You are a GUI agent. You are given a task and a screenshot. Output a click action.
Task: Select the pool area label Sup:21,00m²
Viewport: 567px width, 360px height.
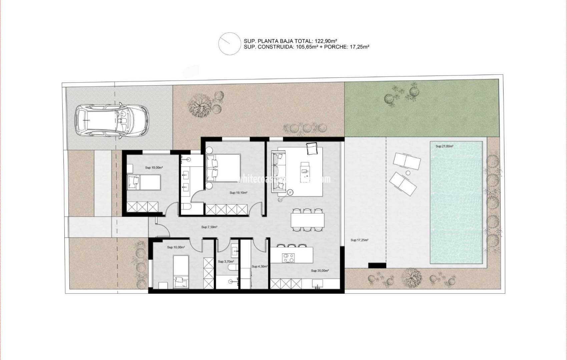point(444,146)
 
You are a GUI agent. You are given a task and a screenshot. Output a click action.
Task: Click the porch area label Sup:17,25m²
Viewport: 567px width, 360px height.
point(359,240)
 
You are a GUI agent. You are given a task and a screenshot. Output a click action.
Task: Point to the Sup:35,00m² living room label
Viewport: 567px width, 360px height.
point(320,271)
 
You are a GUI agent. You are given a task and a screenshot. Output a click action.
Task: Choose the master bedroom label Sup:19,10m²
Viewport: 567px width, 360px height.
point(238,193)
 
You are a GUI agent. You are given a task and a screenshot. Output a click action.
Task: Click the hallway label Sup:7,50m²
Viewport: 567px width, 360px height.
point(209,227)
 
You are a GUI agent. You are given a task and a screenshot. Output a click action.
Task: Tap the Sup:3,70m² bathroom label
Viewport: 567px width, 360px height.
point(226,262)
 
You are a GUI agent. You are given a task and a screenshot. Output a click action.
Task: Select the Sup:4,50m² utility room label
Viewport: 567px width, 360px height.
point(259,266)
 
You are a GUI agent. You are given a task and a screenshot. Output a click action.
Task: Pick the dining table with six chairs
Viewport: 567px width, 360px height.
point(308,220)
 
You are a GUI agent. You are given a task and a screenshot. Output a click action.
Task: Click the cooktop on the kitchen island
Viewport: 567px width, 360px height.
point(288,257)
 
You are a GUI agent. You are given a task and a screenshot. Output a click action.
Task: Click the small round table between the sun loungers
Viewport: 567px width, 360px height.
point(408,173)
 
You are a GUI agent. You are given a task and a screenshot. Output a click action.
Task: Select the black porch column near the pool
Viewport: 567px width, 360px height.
point(377,265)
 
